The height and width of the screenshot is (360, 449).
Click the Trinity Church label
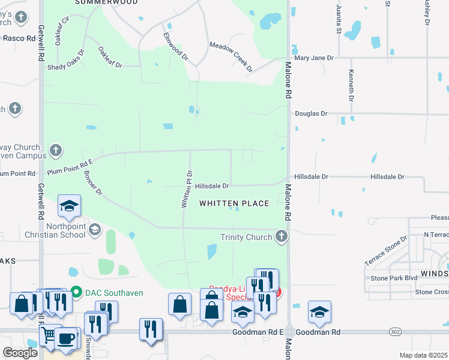(x=246, y=237)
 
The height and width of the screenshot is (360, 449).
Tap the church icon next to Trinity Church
(x=280, y=236)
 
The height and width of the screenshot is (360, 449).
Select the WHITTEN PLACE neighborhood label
(x=234, y=204)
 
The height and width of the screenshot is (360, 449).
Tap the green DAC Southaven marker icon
(x=76, y=292)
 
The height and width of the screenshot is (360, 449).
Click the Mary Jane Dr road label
(x=313, y=58)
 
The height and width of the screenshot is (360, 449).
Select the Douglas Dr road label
(x=310, y=113)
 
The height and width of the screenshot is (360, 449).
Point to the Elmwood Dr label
(x=176, y=47)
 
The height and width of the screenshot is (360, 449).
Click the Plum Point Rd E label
(x=72, y=165)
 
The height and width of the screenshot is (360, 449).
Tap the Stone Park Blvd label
(x=394, y=278)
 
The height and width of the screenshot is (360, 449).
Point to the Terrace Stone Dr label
(x=385, y=251)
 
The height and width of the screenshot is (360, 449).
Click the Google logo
(x=19, y=353)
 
